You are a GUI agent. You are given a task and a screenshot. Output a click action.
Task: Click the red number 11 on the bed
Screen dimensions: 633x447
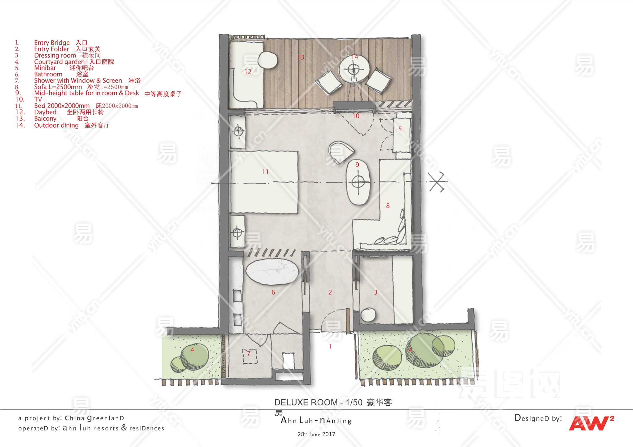pyautogui.click(x=265, y=172)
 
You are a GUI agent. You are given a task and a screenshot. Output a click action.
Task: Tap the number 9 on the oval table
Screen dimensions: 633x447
pyautogui.click(x=357, y=165)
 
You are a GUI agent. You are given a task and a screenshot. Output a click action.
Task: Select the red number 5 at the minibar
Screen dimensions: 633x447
pyautogui.click(x=400, y=129)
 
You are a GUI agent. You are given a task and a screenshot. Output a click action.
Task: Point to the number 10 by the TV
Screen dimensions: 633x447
pyautogui.click(x=356, y=116)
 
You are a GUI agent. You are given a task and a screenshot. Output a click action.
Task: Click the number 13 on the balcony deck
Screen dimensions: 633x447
pyautogui.click(x=301, y=57)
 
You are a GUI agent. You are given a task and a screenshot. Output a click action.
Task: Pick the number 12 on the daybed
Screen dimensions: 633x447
pyautogui.click(x=248, y=72)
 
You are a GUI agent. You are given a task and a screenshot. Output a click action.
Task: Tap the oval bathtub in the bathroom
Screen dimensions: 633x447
pyautogui.click(x=272, y=272)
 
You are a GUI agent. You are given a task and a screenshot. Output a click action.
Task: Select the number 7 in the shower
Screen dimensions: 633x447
pyautogui.click(x=249, y=354)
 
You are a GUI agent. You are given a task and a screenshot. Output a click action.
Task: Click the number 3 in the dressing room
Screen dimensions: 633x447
pyautogui.click(x=375, y=292)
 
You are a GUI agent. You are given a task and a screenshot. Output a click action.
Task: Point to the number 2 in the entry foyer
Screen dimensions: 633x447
pyautogui.click(x=330, y=292)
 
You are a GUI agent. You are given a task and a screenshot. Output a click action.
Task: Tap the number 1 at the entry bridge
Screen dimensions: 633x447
pyautogui.click(x=330, y=346)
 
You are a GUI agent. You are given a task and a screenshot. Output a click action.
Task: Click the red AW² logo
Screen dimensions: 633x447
pyautogui.click(x=591, y=423)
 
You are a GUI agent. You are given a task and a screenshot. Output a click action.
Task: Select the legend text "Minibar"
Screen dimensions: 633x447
pyautogui.click(x=45, y=68)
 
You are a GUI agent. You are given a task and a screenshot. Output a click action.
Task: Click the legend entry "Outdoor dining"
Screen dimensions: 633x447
pyautogui.click(x=56, y=125)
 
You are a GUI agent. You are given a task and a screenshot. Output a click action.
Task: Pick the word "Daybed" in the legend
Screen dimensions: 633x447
pyautogui.click(x=45, y=112)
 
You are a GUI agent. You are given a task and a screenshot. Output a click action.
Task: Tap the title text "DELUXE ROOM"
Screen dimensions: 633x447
pyautogui.click(x=306, y=402)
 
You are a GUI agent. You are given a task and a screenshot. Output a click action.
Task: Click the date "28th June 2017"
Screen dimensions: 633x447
pyautogui.click(x=316, y=434)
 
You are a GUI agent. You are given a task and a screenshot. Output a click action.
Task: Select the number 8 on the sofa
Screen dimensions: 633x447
pyautogui.click(x=388, y=206)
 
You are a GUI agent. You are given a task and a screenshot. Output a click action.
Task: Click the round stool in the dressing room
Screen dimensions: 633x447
pyautogui.click(x=368, y=315)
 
